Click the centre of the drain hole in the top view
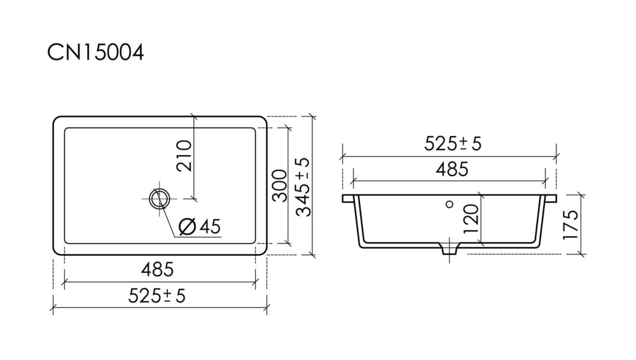click(x=160, y=199)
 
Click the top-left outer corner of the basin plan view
click(x=53, y=117)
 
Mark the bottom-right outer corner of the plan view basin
click(x=266, y=254)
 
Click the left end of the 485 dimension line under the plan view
click(x=64, y=282)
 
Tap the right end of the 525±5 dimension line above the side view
click(x=556, y=156)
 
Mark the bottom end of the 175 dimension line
click(x=581, y=254)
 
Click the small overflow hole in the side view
click(x=449, y=204)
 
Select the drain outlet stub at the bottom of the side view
click(x=449, y=249)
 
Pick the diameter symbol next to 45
click(x=188, y=226)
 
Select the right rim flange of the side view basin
click(x=550, y=198)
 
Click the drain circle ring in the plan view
click(x=160, y=199)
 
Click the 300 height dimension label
click(x=279, y=186)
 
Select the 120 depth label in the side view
click(x=471, y=219)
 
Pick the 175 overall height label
click(x=570, y=225)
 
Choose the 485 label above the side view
click(x=452, y=169)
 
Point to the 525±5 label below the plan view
click(x=157, y=296)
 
